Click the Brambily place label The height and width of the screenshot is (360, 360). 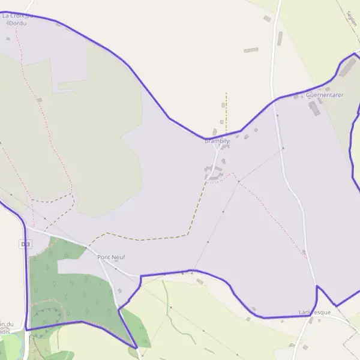point(217,141)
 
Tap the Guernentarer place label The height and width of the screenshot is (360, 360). point(324,95)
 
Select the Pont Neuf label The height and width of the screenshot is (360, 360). point(111,257)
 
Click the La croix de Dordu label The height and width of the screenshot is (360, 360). point(18,19)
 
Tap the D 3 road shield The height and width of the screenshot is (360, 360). point(25,244)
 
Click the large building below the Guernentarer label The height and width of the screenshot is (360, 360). point(314,109)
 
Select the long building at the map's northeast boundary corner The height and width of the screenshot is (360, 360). point(347,68)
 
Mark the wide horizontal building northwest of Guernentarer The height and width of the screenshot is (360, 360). point(251,50)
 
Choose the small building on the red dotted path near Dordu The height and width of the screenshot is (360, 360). point(40,100)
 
